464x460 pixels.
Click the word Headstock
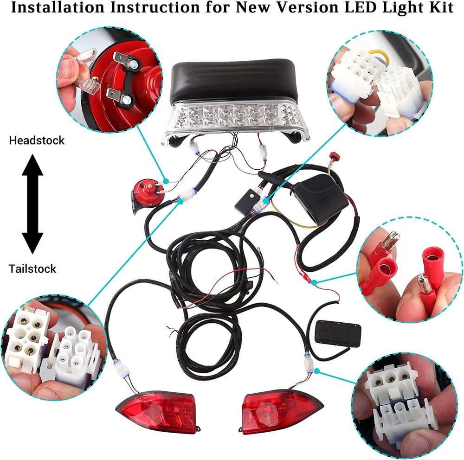[37, 140]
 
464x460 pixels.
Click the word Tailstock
[32, 268]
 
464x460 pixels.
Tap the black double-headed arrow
[32, 204]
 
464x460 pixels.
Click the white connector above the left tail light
[121, 368]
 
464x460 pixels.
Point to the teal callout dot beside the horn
[166, 180]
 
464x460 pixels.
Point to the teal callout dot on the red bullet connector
[315, 282]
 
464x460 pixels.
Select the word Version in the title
[307, 8]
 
